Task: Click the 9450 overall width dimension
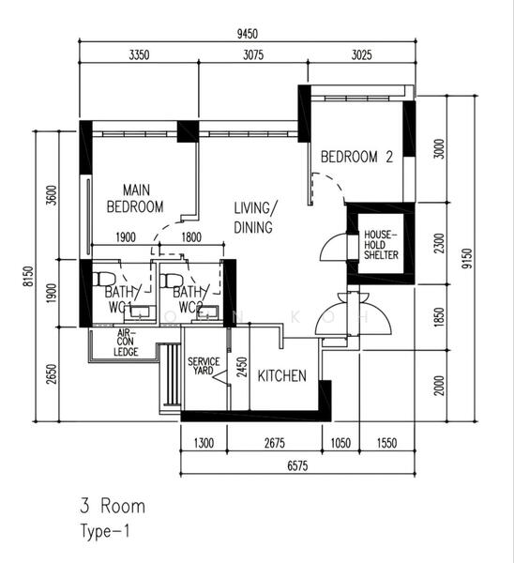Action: click(248, 34)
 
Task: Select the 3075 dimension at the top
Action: click(253, 55)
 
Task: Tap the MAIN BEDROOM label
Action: click(135, 199)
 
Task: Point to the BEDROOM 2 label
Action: click(356, 157)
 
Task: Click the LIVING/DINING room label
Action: click(255, 218)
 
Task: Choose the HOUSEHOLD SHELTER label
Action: click(381, 245)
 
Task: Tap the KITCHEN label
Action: click(282, 376)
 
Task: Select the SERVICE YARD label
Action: click(204, 366)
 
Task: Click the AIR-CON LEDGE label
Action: click(126, 342)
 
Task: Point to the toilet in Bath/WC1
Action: click(104, 279)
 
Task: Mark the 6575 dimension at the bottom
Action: click(297, 465)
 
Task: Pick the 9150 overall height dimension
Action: click(466, 258)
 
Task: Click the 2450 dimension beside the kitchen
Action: click(243, 367)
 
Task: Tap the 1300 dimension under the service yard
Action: click(204, 443)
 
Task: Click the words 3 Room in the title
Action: click(113, 506)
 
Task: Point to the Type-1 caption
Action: click(104, 532)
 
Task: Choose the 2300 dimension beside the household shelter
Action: click(439, 243)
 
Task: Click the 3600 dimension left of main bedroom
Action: click(52, 195)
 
